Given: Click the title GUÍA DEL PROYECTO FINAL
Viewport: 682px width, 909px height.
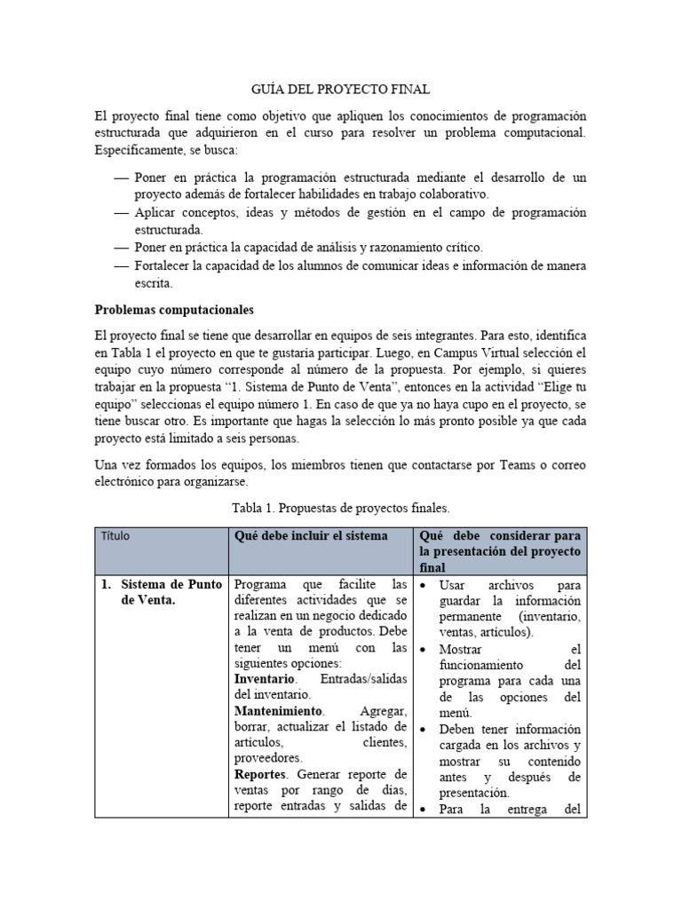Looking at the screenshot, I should coord(341,89).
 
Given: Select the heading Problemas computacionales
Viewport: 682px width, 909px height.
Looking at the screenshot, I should coord(174,311).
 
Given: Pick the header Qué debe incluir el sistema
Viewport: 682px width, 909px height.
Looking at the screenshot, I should coord(311,536).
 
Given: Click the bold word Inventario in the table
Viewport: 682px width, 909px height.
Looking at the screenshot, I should coord(265,678).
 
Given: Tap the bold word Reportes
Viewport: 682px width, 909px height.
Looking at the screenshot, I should coord(262,775).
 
